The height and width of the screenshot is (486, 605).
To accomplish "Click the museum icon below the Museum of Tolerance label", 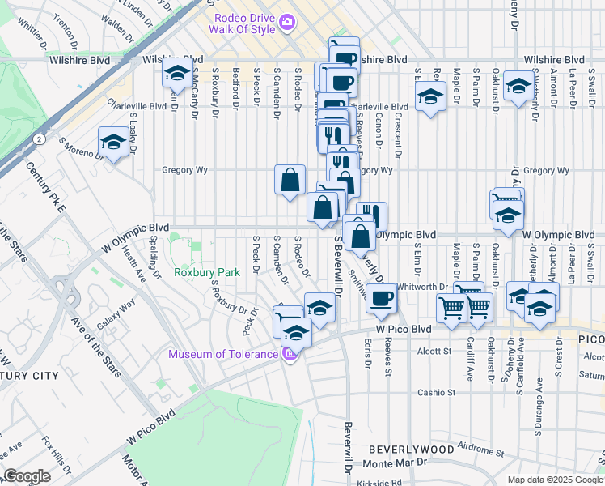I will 289,354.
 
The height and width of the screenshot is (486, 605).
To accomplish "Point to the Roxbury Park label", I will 207,273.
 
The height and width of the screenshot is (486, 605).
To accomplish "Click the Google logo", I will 27,476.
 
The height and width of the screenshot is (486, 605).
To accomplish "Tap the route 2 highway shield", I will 39,139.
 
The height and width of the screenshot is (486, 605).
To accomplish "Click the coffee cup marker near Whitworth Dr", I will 381,297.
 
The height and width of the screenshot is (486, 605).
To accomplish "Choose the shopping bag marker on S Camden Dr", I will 290,180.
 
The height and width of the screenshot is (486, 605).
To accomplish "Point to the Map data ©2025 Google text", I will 554,480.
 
